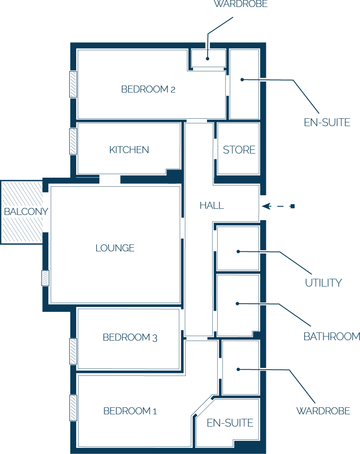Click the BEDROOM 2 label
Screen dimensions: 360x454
(x=148, y=89)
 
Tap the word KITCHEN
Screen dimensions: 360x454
(x=129, y=150)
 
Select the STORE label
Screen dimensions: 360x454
(x=239, y=150)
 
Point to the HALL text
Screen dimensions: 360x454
(x=211, y=206)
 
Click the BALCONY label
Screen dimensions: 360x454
(x=26, y=212)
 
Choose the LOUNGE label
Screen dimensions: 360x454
(x=115, y=248)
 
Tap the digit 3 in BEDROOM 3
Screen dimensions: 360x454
(x=154, y=338)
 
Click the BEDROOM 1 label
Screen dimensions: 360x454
(x=130, y=411)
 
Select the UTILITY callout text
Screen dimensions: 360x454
(x=323, y=283)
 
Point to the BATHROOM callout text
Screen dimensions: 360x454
(x=331, y=337)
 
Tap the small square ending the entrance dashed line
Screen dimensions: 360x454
(x=292, y=206)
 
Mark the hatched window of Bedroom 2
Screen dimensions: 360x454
(x=73, y=84)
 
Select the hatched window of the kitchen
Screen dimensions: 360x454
(x=73, y=141)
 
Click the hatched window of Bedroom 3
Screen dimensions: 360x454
(x=73, y=351)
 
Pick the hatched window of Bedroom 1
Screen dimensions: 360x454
(x=73, y=408)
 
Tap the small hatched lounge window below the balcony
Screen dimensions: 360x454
(x=45, y=278)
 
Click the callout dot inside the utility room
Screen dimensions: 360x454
(x=238, y=251)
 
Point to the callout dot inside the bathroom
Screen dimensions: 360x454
(x=237, y=303)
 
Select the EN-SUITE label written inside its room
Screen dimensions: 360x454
(x=230, y=423)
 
